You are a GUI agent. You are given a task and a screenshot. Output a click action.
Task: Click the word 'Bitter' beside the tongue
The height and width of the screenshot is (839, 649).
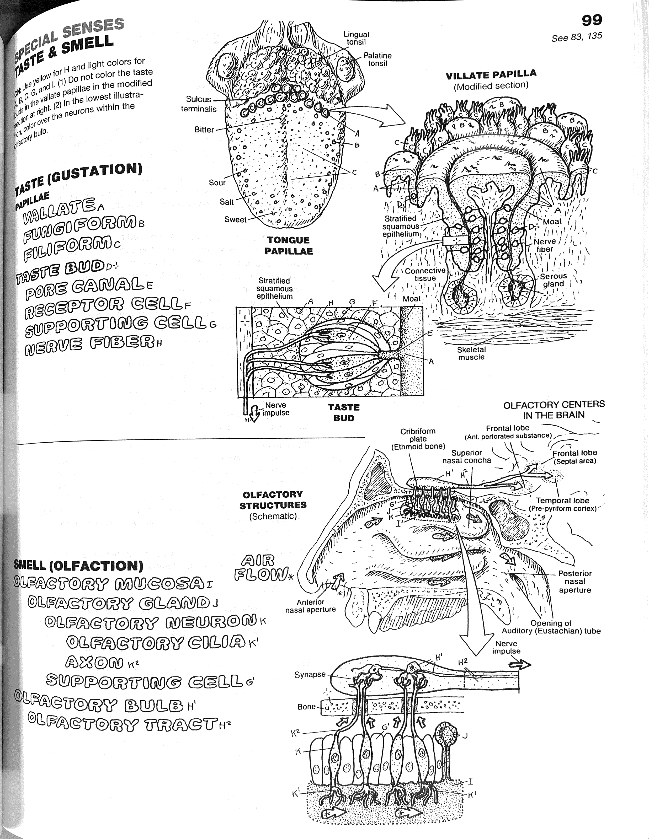[x=204, y=130]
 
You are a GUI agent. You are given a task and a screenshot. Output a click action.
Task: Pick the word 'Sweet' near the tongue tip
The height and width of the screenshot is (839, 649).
[x=235, y=220]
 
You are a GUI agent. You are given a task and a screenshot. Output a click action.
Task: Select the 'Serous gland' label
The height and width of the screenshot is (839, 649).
[x=553, y=280]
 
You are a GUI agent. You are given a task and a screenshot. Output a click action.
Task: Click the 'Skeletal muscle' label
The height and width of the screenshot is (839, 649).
[x=471, y=353]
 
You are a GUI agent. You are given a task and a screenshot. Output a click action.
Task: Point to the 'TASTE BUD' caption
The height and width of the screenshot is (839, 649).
[x=344, y=413]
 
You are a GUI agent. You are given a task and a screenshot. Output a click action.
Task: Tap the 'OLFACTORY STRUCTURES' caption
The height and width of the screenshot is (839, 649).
[x=273, y=500]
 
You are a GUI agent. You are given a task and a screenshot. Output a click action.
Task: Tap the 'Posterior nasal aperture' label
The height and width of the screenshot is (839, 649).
[x=575, y=582]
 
